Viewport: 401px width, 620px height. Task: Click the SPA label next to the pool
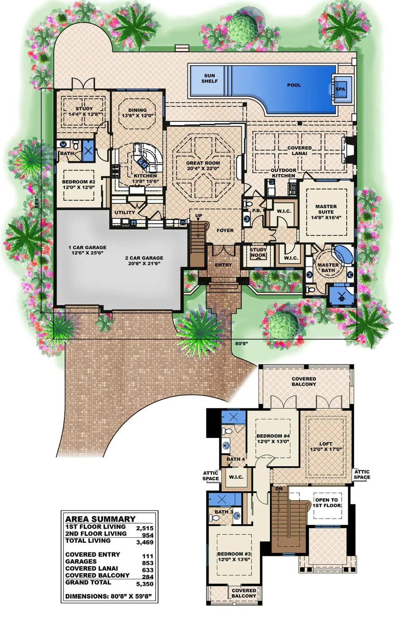point(340,89)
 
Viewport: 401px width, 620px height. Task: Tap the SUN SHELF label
point(210,78)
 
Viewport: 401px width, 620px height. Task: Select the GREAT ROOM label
point(203,166)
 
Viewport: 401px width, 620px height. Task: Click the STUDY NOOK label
point(258,252)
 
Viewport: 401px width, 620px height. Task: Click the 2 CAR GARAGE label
point(144,261)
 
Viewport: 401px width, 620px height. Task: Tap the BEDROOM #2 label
point(79,185)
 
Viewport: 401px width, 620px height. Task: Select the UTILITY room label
point(124,213)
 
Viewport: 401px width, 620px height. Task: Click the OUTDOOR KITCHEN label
point(284,173)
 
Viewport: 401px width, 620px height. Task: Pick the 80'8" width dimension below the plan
point(241,344)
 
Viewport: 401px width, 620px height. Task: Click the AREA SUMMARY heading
point(100,519)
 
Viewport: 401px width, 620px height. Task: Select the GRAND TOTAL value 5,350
point(145,584)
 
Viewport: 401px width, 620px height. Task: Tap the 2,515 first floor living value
point(145,528)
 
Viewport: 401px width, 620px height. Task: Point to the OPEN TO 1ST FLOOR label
point(327,503)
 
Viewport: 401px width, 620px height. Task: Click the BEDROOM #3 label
point(234,557)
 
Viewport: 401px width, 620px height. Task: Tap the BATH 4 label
point(236,459)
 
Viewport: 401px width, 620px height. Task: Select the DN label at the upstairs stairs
point(279,489)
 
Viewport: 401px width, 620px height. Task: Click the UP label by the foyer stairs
point(199,216)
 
